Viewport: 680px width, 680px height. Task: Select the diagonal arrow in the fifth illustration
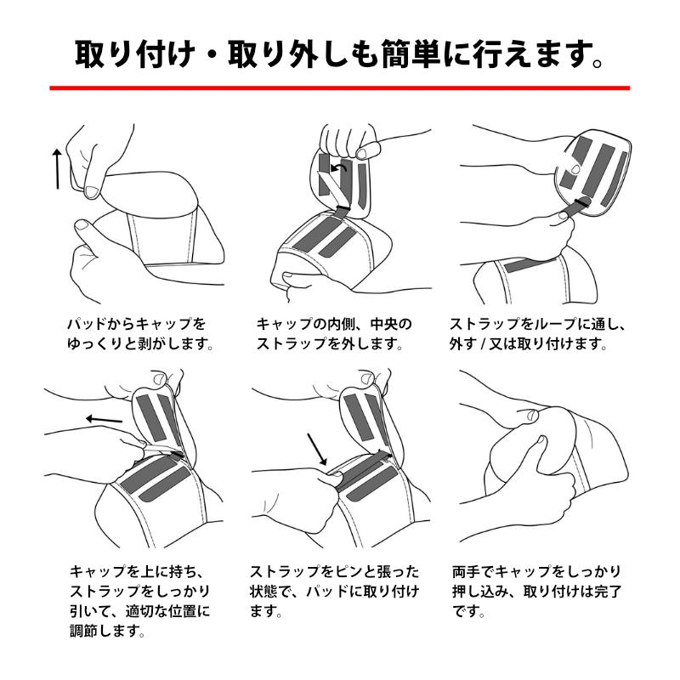tap(316, 449)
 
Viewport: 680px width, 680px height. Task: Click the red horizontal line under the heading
tap(340, 88)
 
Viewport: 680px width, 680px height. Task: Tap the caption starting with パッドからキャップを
tap(136, 325)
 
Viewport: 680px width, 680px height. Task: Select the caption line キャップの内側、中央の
tap(334, 325)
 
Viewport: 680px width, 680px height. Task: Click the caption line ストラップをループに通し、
tap(536, 325)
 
